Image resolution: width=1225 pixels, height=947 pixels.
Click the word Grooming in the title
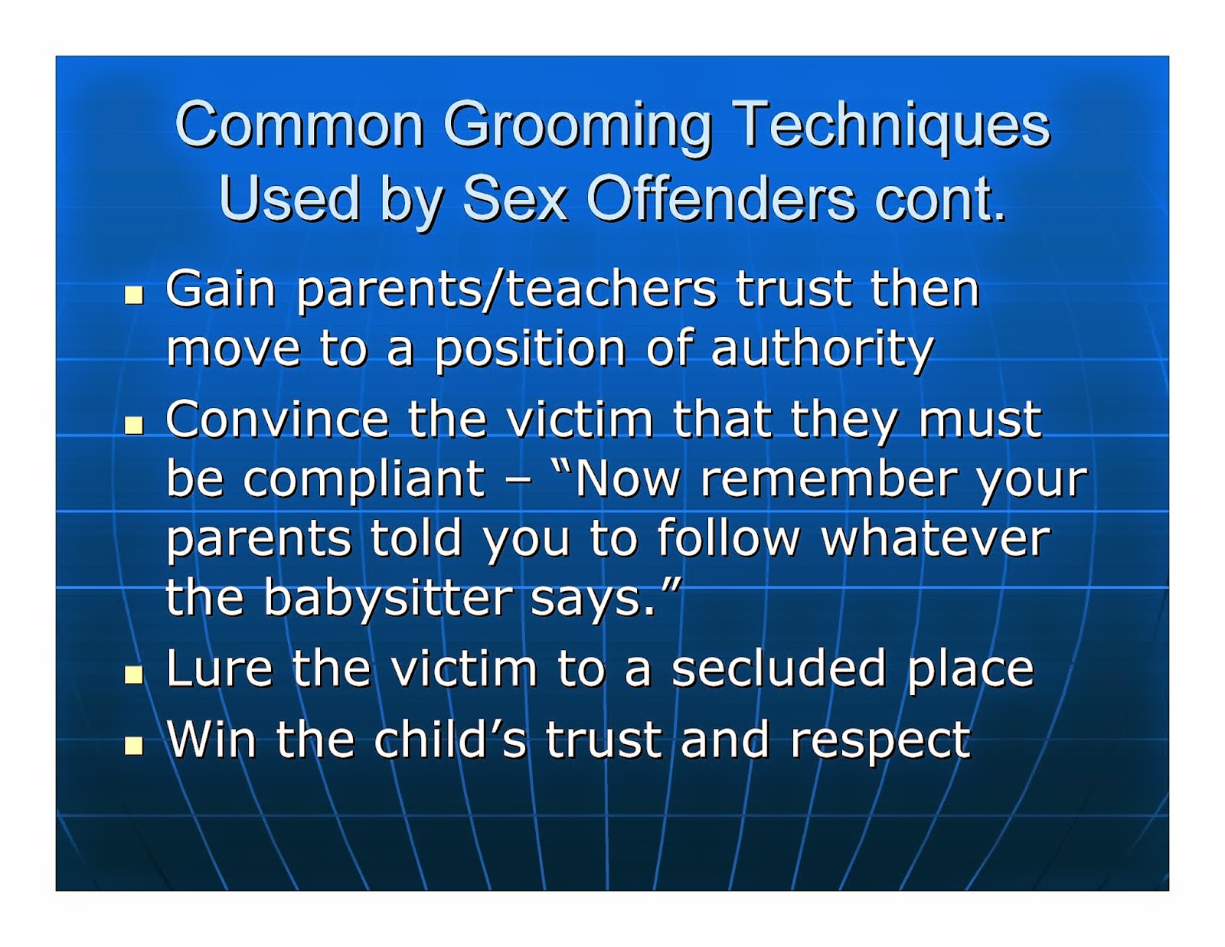(x=578, y=126)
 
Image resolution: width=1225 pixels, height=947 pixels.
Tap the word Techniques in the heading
(x=891, y=124)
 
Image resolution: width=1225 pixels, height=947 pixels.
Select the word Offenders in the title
(x=720, y=198)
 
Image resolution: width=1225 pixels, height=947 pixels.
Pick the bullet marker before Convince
(x=135, y=424)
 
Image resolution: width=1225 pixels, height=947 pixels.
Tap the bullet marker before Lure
(x=135, y=673)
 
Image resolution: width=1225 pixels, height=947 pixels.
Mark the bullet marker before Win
(x=135, y=744)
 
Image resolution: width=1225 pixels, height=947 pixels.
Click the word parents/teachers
(x=506, y=290)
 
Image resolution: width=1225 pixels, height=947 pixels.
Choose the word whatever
(x=935, y=538)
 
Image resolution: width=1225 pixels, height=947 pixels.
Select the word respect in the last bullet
(x=880, y=741)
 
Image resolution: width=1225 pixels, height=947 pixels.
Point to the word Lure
(x=219, y=668)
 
